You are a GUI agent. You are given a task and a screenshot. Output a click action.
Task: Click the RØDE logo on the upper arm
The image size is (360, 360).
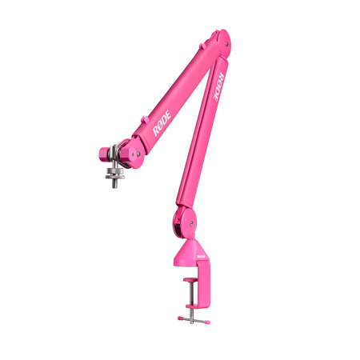162,123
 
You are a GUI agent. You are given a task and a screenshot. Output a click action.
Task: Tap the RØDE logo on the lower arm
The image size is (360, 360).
219,86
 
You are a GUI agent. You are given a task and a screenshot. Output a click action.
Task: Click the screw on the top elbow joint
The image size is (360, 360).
226,44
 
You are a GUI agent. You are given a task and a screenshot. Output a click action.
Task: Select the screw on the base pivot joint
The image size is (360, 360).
191,223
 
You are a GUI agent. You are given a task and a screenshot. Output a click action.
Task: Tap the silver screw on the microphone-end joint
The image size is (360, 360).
138,154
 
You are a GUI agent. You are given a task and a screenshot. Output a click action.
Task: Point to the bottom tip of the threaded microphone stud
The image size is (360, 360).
115,188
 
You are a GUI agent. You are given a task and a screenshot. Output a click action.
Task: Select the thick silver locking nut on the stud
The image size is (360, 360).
114,170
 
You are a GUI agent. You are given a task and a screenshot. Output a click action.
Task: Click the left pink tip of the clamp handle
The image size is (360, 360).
180,318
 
